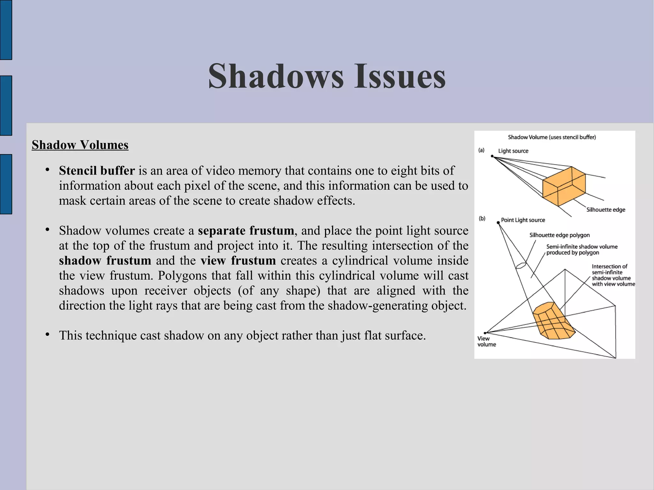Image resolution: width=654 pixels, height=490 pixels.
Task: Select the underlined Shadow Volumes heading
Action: [80, 145]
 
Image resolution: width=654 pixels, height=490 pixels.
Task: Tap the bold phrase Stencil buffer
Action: [97, 171]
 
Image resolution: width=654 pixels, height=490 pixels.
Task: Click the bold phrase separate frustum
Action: [246, 230]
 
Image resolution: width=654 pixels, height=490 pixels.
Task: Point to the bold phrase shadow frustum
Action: [105, 260]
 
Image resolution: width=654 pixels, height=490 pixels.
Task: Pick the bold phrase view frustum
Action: [238, 260]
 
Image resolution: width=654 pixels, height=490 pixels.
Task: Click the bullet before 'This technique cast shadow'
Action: [47, 335]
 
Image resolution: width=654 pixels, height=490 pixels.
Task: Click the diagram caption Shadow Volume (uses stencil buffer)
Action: [552, 137]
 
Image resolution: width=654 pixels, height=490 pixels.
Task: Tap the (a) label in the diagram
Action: [481, 150]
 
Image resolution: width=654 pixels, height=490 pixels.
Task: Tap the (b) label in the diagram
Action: [482, 218]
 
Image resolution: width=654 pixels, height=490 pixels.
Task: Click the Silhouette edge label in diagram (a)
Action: [605, 210]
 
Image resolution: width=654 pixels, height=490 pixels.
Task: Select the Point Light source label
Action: [523, 220]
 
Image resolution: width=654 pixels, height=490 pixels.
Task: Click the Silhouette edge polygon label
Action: [559, 235]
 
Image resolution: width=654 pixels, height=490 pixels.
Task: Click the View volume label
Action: [486, 341]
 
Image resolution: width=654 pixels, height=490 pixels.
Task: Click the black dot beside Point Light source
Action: [498, 222]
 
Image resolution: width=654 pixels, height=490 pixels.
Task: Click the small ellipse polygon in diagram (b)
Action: [521, 265]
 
